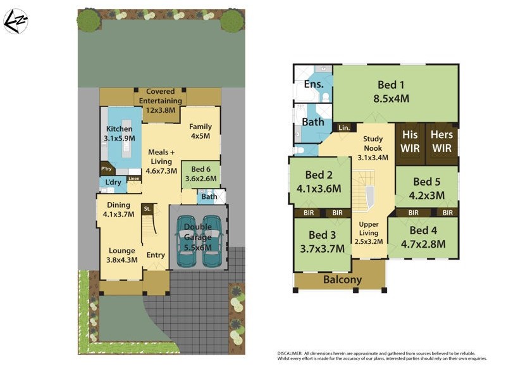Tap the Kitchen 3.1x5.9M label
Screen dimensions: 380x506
119,134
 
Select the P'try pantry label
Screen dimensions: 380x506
107,170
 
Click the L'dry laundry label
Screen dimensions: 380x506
113,183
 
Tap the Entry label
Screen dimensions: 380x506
156,255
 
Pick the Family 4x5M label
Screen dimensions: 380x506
201,131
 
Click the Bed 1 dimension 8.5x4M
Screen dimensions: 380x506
392,98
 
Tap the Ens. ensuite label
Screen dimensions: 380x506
314,84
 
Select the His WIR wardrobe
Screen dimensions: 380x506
410,141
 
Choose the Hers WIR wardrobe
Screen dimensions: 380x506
441,141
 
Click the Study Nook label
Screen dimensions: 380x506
373,148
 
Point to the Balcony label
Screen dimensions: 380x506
342,280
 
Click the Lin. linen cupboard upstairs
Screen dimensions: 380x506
344,127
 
